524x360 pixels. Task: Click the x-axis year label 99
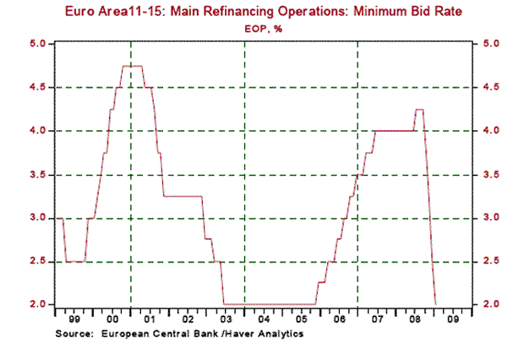click(x=74, y=320)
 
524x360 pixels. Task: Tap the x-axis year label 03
click(x=226, y=320)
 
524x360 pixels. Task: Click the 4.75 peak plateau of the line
click(x=132, y=66)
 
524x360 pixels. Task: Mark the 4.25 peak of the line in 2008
click(x=418, y=109)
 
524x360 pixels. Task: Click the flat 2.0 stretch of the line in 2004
click(x=264, y=304)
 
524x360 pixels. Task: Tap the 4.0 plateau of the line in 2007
click(x=393, y=130)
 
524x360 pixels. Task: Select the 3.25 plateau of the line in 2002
click(x=182, y=196)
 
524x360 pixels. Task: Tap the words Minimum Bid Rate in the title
click(x=401, y=12)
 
